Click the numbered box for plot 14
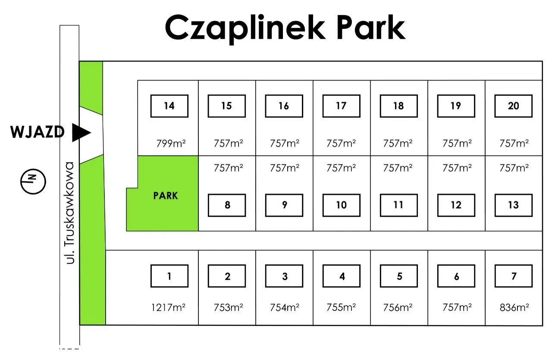coord(169,106)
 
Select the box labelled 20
coord(513,106)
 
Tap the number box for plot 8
coord(227,205)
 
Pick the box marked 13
coord(513,205)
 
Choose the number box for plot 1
coord(169,276)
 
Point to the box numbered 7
coord(513,276)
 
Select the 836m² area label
coord(514,307)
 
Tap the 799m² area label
coord(171,143)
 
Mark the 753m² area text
coord(228,307)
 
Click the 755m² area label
coord(341,307)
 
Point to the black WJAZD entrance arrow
coord(81,132)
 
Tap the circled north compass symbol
coord(33,182)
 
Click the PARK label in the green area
coord(166,196)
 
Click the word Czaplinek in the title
coord(245,28)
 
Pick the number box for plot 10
coord(341,205)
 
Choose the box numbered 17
coord(341,106)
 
